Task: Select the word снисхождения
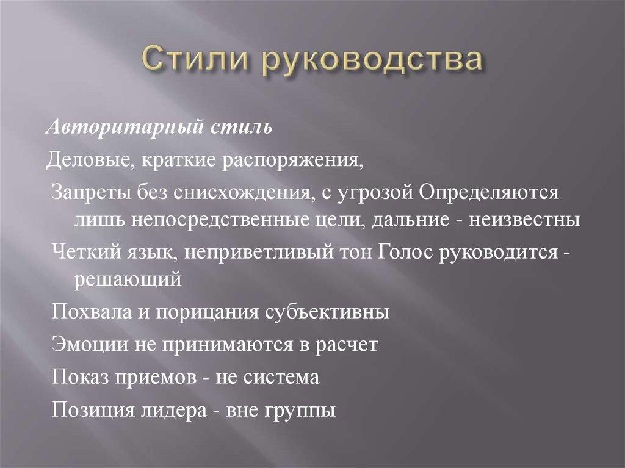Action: (x=238, y=193)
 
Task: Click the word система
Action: (x=284, y=376)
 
